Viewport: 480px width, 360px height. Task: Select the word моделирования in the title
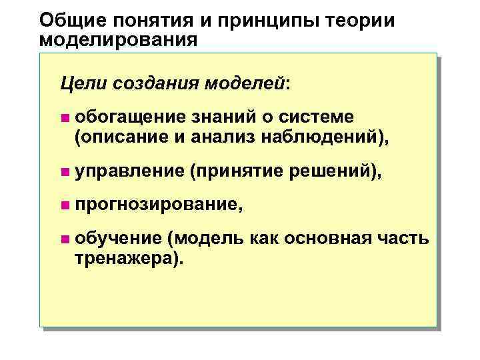click(x=119, y=39)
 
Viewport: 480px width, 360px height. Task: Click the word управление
click(x=129, y=172)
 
